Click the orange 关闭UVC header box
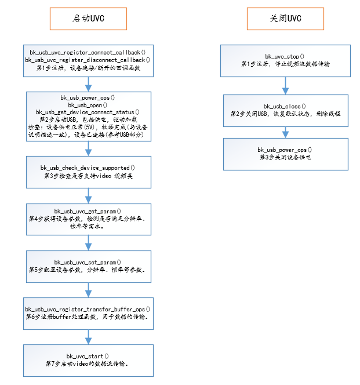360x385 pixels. [x=286, y=19]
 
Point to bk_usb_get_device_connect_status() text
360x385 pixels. [x=88, y=112]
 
